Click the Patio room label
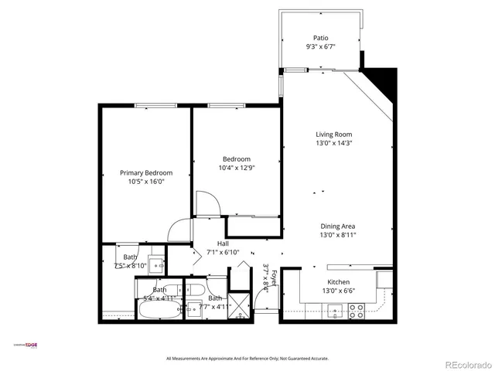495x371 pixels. pos(321,37)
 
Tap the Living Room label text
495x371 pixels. pos(333,134)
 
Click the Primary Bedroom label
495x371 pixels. pos(145,172)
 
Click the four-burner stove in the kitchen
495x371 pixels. pos(357,311)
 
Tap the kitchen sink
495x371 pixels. pos(334,311)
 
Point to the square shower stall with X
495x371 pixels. pos(241,305)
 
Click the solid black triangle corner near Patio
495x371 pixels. pos(382,80)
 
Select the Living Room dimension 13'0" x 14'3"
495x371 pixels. pos(333,143)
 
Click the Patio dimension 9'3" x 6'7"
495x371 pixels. pos(321,46)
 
